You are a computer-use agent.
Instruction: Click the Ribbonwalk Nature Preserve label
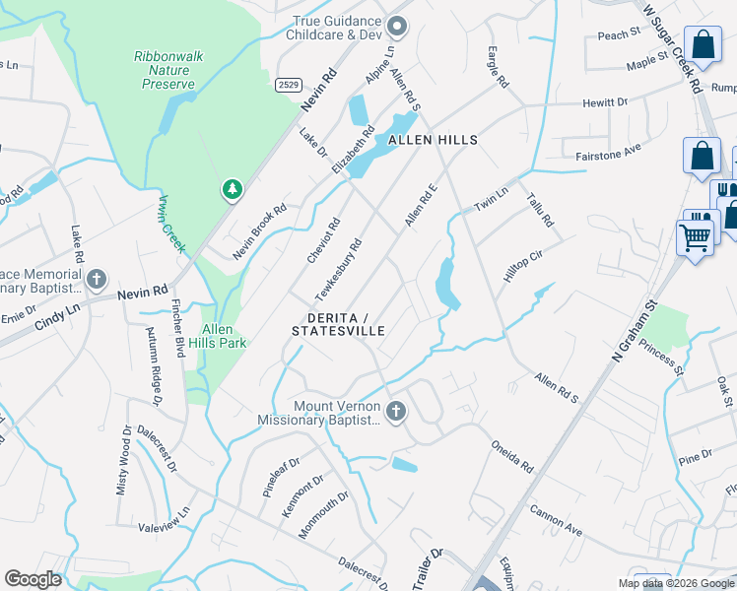tap(168, 71)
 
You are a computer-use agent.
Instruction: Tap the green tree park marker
tap(232, 188)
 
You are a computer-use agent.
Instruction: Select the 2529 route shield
tap(288, 86)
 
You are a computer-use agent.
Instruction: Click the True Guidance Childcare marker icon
tap(397, 26)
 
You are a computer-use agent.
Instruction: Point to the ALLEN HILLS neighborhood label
tap(433, 141)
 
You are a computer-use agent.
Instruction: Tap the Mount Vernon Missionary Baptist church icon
tap(396, 412)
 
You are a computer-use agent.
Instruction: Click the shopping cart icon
tap(695, 237)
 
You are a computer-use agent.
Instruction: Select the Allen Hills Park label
tap(224, 336)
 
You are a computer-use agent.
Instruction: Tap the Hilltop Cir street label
tap(522, 266)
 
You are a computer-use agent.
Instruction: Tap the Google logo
tap(33, 579)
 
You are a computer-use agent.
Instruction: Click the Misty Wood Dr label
tap(124, 461)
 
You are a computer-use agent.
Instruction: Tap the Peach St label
tap(619, 35)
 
